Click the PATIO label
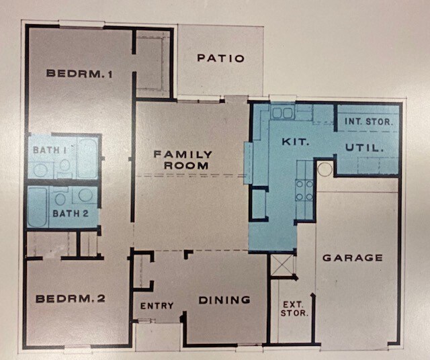click(220, 58)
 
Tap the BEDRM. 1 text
click(79, 73)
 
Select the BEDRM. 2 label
click(71, 298)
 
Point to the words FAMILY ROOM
click(183, 159)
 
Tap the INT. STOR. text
click(367, 122)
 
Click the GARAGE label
click(352, 257)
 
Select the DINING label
click(224, 300)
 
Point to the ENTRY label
click(157, 306)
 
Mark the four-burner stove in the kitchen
click(304, 190)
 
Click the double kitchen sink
click(283, 113)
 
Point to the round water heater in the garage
click(325, 169)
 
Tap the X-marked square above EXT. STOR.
click(282, 266)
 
